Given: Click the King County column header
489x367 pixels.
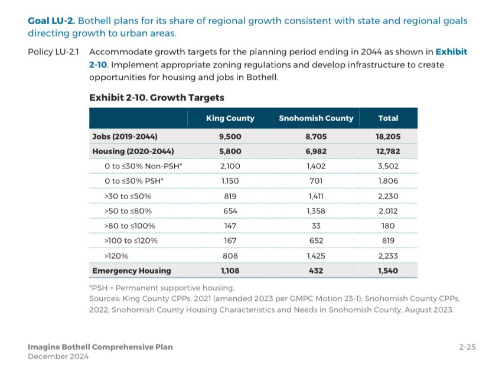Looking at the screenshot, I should point(230,118).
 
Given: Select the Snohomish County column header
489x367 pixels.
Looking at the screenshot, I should point(316,118).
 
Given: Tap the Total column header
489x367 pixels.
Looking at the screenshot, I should point(388,118).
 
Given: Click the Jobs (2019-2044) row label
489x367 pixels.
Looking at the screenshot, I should point(125,137).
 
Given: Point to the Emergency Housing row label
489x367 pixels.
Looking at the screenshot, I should point(131,271).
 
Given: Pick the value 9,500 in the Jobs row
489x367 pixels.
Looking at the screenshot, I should point(230,137).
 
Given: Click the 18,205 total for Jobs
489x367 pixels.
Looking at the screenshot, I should point(388,137).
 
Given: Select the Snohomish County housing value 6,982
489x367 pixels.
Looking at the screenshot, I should point(316,151).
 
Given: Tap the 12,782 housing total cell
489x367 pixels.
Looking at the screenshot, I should point(388,151).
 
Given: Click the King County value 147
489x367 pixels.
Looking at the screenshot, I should point(230,226).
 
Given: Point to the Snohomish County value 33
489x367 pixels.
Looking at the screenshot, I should point(316,226).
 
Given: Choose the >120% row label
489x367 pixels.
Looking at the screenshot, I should point(116,256).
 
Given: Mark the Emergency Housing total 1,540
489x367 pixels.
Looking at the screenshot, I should point(388,271).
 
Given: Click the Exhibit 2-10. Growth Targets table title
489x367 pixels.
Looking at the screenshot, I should point(157,98).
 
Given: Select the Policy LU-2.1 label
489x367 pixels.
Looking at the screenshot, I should point(54,52).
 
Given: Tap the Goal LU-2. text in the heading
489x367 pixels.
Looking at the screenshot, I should point(51,21).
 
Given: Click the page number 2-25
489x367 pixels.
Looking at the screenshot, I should point(467,347).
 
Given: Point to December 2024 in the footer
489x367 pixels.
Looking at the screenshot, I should point(58,356).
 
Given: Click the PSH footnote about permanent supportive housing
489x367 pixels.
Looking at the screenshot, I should point(161,288).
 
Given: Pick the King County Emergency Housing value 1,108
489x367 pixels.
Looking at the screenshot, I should point(230,271).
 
